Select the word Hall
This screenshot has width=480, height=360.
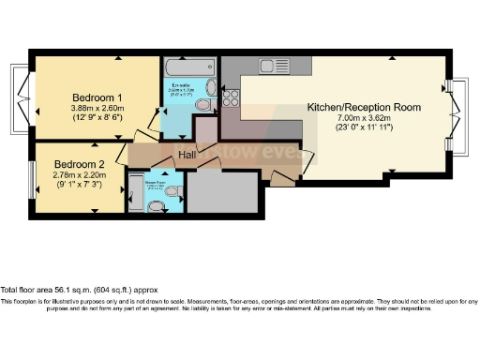[x=188, y=152]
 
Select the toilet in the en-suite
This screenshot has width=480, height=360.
[x=206, y=91]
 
